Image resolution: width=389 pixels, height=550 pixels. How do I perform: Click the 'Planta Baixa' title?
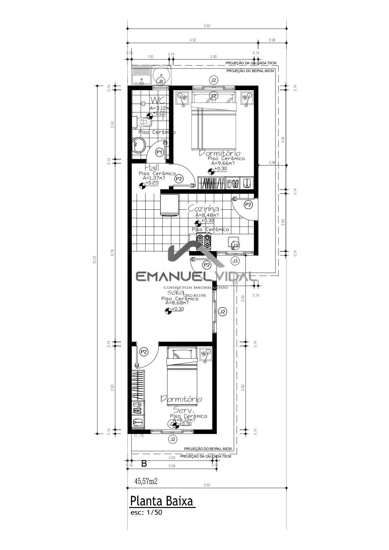162,501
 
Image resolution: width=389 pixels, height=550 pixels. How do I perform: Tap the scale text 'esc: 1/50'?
146,513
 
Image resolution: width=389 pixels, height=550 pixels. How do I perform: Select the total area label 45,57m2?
146,481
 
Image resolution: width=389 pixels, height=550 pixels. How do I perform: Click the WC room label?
158,100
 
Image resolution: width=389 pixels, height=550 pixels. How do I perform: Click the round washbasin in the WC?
138,145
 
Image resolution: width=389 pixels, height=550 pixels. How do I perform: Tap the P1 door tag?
159,152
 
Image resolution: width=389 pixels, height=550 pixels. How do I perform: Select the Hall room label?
152,168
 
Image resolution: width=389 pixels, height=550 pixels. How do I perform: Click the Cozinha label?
203,209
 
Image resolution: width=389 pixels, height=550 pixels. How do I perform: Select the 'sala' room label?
176,292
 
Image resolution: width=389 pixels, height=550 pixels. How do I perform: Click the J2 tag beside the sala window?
222,312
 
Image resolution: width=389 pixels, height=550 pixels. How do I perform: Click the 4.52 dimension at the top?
193,40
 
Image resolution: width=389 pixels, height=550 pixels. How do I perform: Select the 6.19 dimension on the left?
112,252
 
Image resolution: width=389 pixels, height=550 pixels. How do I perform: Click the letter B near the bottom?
144,464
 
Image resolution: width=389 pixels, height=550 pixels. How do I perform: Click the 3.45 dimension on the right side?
283,140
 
